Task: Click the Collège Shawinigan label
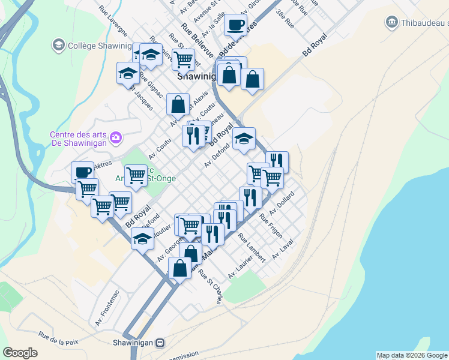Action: pyautogui.click(x=100, y=46)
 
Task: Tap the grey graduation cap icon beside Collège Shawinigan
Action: pyautogui.click(x=58, y=45)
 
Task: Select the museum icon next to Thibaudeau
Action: pyautogui.click(x=391, y=22)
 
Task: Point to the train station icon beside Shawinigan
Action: pyautogui.click(x=160, y=343)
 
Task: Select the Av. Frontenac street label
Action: pyautogui.click(x=107, y=308)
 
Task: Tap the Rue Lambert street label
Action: pyautogui.click(x=252, y=247)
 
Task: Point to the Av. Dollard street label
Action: pyautogui.click(x=282, y=203)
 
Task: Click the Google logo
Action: pyautogui.click(x=20, y=353)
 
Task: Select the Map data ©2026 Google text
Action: pyautogui.click(x=412, y=355)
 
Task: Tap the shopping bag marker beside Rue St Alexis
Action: pyautogui.click(x=178, y=104)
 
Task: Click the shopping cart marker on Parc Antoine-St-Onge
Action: pyautogui.click(x=136, y=175)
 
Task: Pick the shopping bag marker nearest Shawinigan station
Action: pyautogui.click(x=179, y=268)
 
